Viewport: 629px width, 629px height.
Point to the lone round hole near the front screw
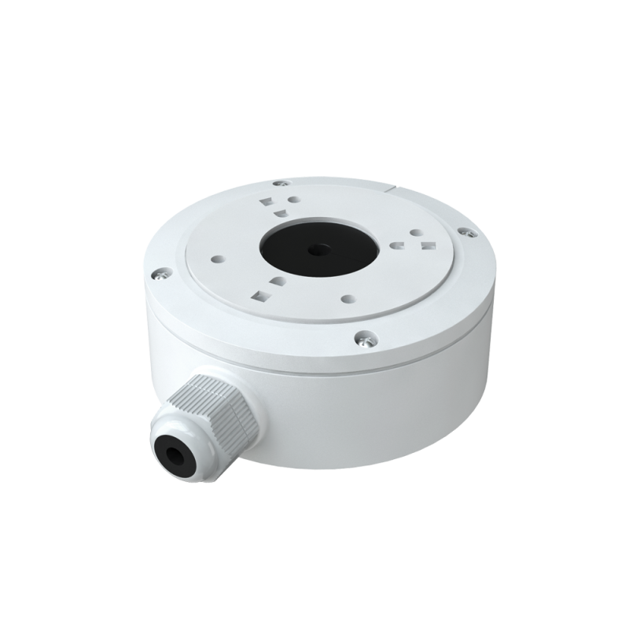pos(345,300)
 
